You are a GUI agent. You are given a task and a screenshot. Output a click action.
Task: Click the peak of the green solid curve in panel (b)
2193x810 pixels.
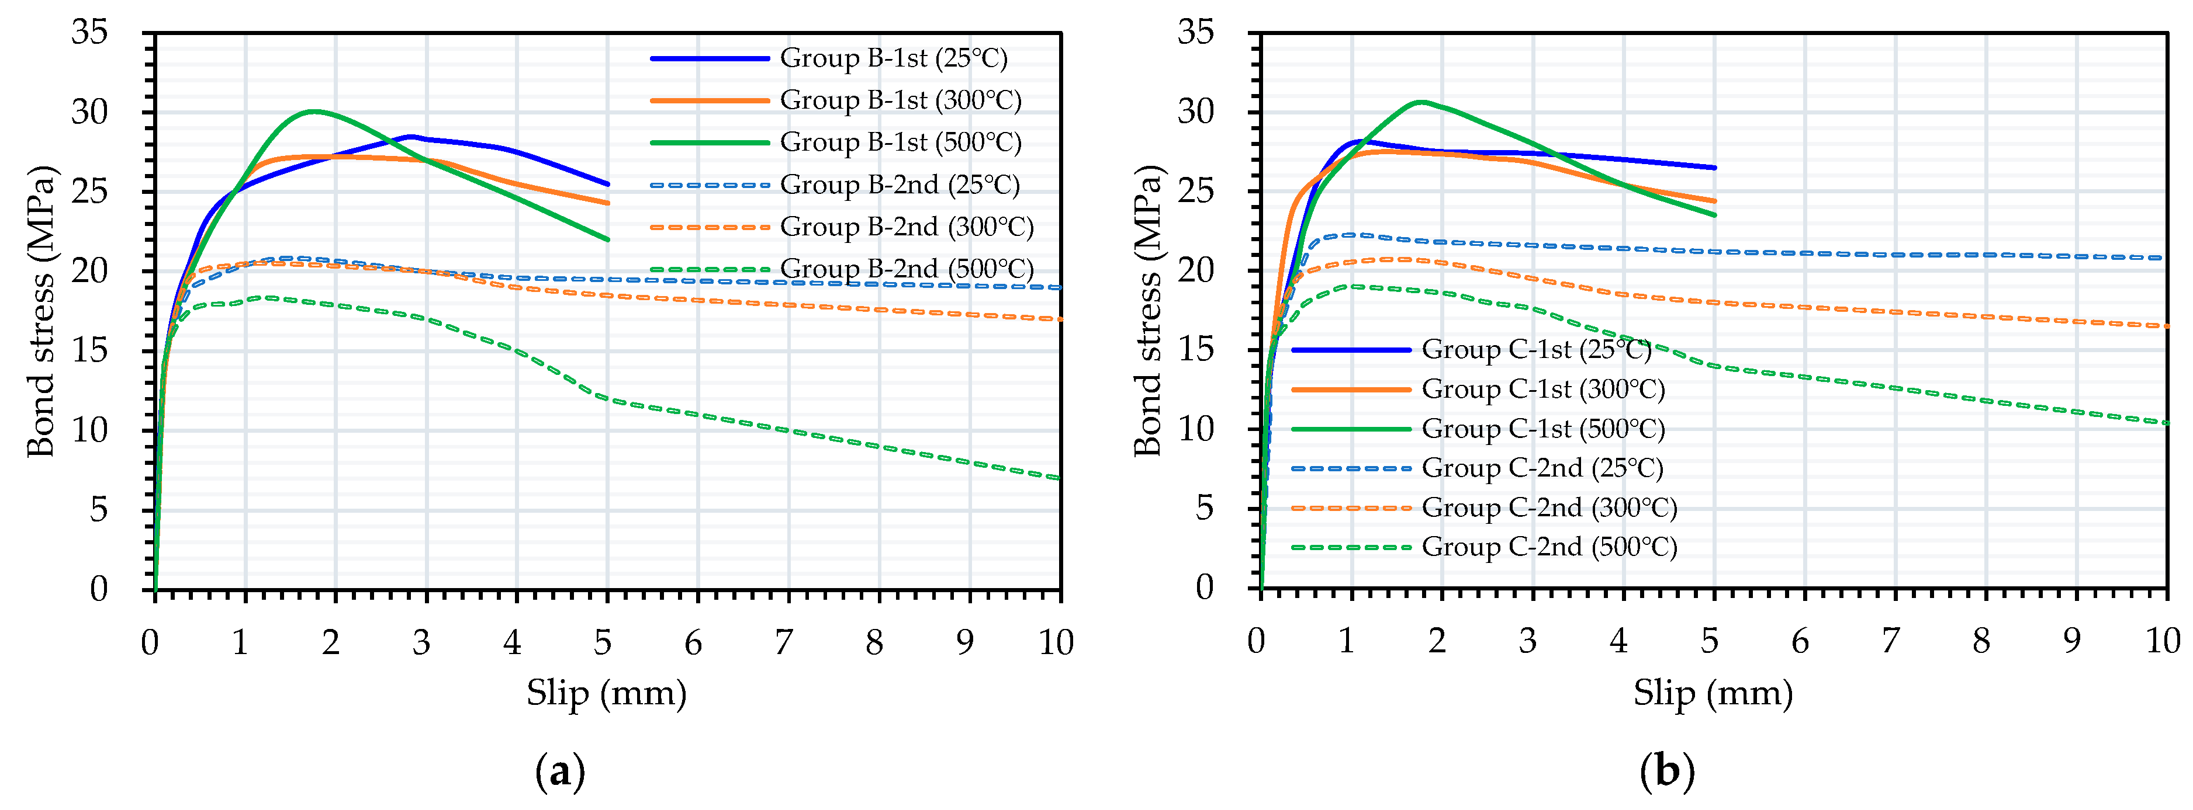coord(1420,102)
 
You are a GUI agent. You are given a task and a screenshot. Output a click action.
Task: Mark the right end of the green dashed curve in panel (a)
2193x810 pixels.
coord(1060,478)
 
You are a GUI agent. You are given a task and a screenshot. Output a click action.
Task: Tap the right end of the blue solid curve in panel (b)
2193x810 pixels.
coord(1714,168)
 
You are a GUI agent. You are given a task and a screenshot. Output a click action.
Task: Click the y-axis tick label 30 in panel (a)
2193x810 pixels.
coord(89,112)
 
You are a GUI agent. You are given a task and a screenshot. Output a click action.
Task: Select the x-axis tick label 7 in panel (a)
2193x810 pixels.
coord(783,642)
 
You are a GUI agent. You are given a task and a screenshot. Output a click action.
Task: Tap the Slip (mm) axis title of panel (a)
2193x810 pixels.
coord(606,693)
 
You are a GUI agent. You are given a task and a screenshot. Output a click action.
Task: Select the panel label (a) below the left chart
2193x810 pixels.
coord(560,771)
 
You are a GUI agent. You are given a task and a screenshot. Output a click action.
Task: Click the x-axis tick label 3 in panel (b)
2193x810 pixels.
coord(1528,641)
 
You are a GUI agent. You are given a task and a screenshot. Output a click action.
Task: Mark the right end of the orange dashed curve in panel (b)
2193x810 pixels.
coord(2166,326)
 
